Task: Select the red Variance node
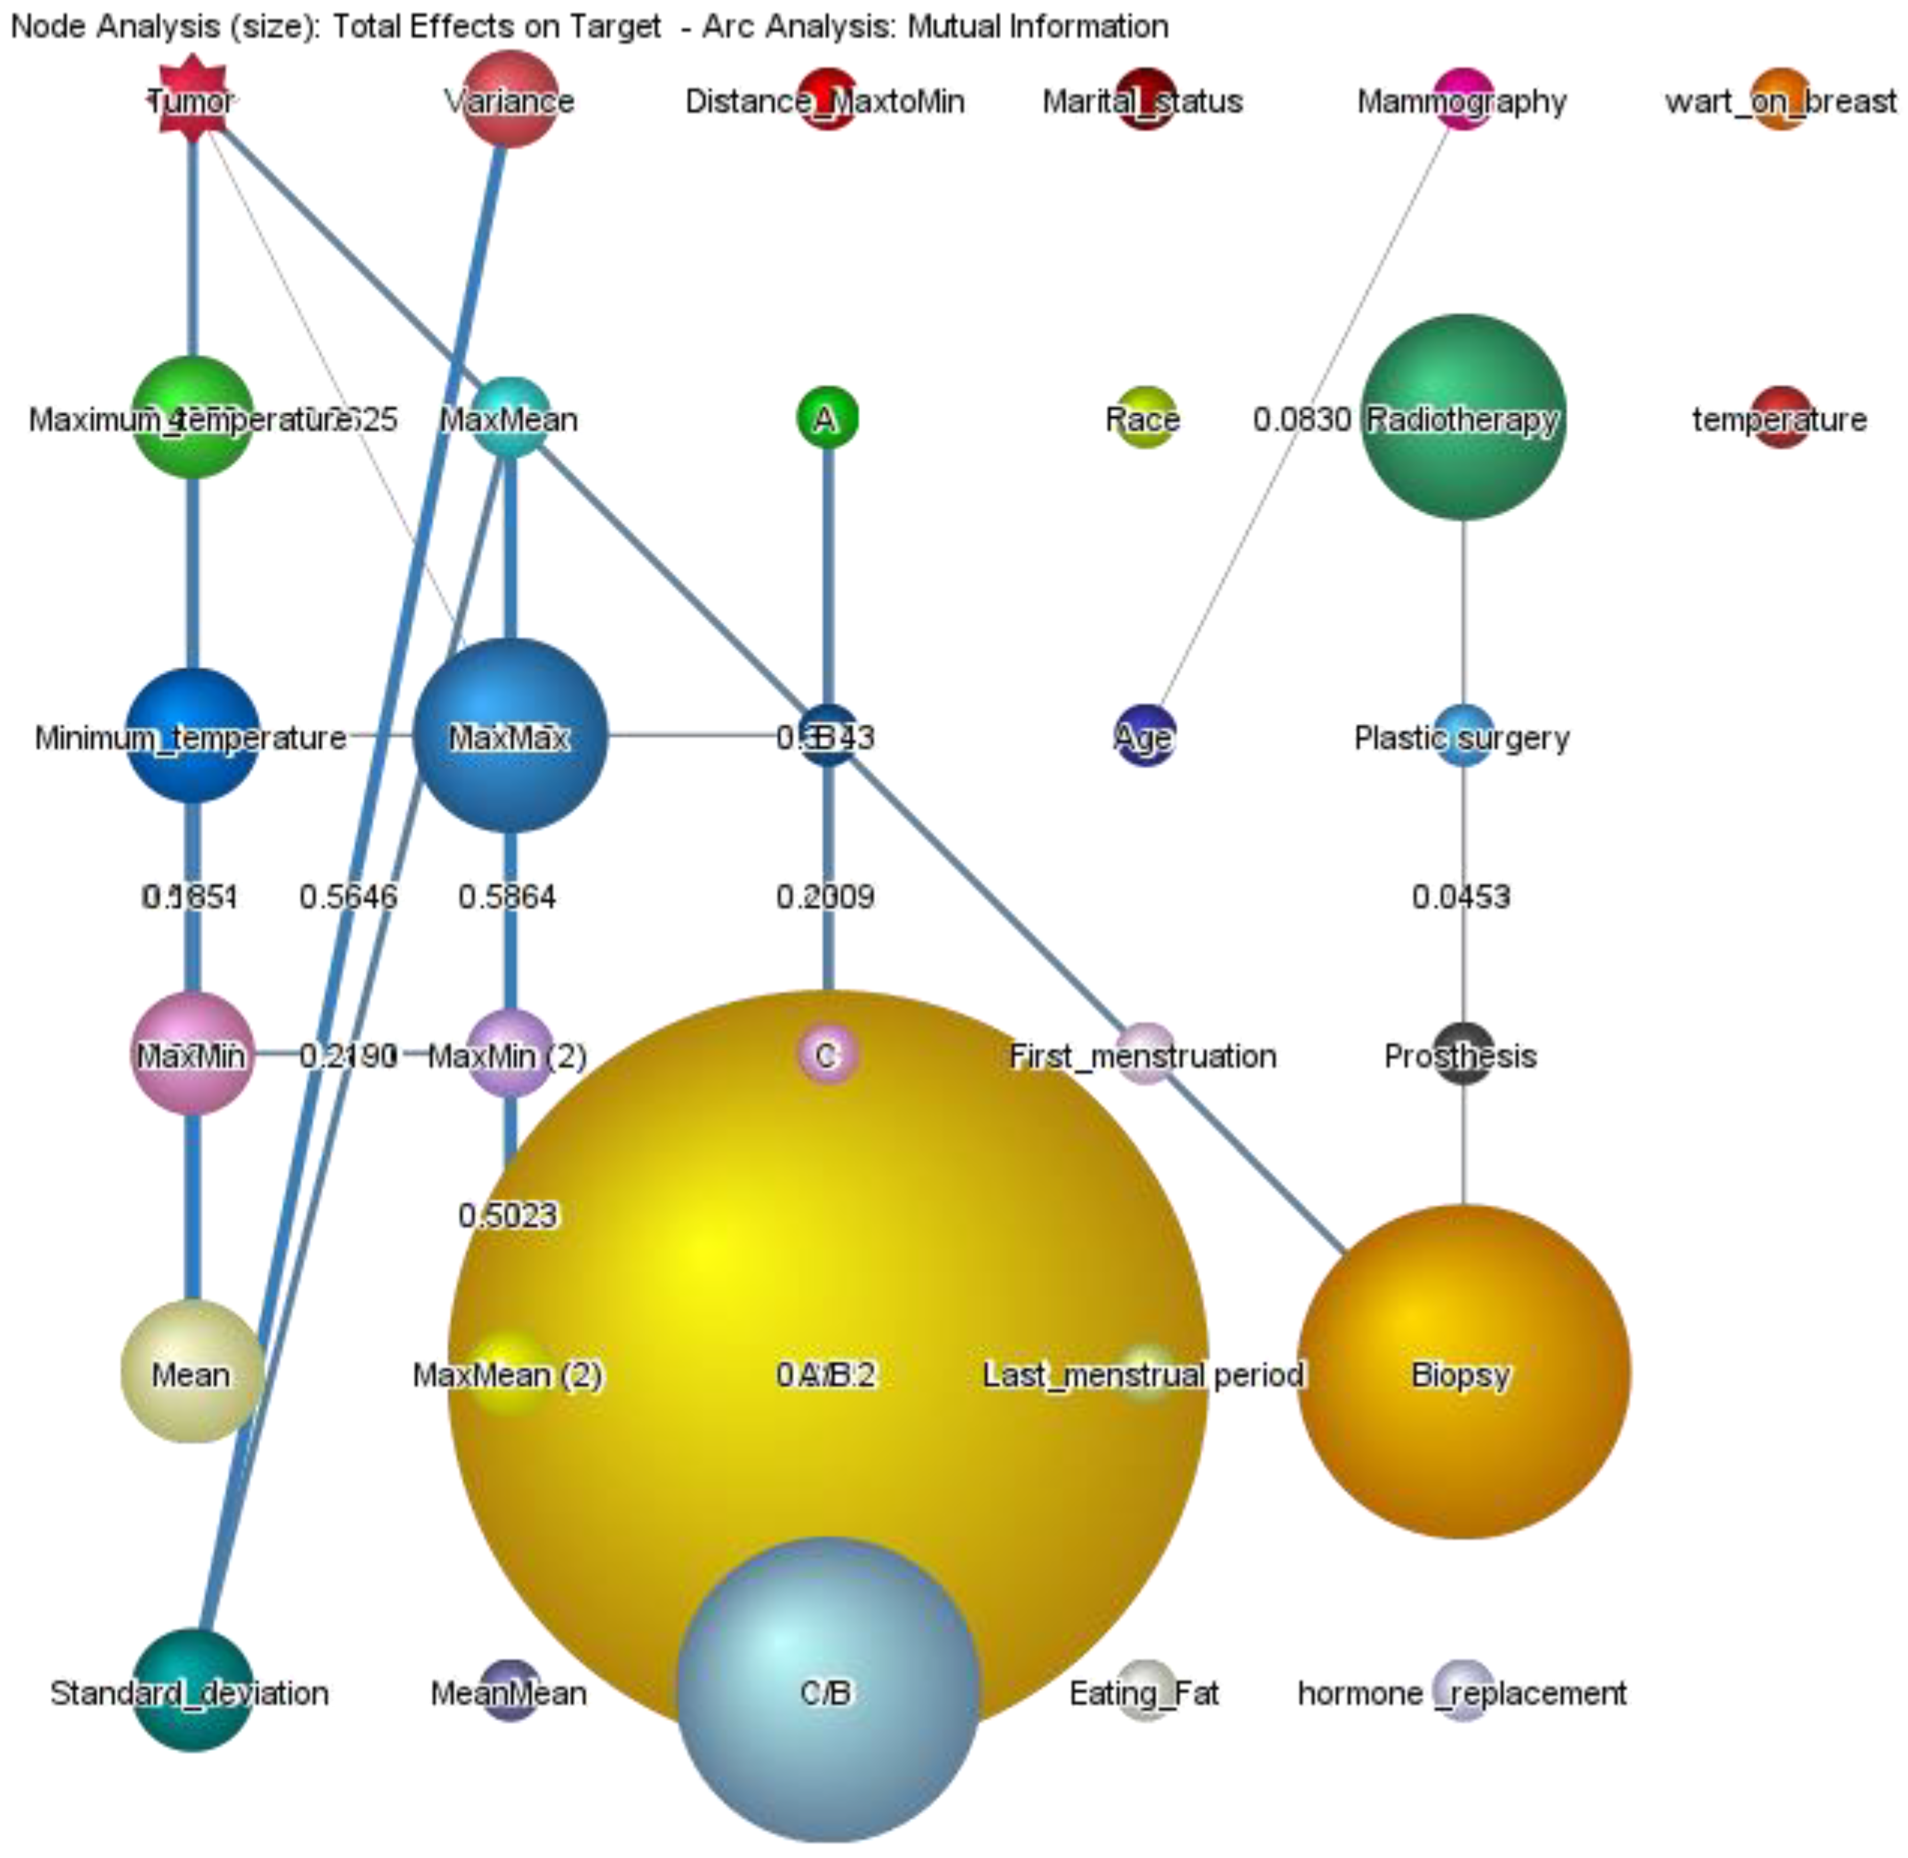[510, 100]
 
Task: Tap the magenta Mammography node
[1463, 100]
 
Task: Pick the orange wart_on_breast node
[1781, 100]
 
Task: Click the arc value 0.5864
[508, 896]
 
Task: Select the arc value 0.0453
[1461, 896]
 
